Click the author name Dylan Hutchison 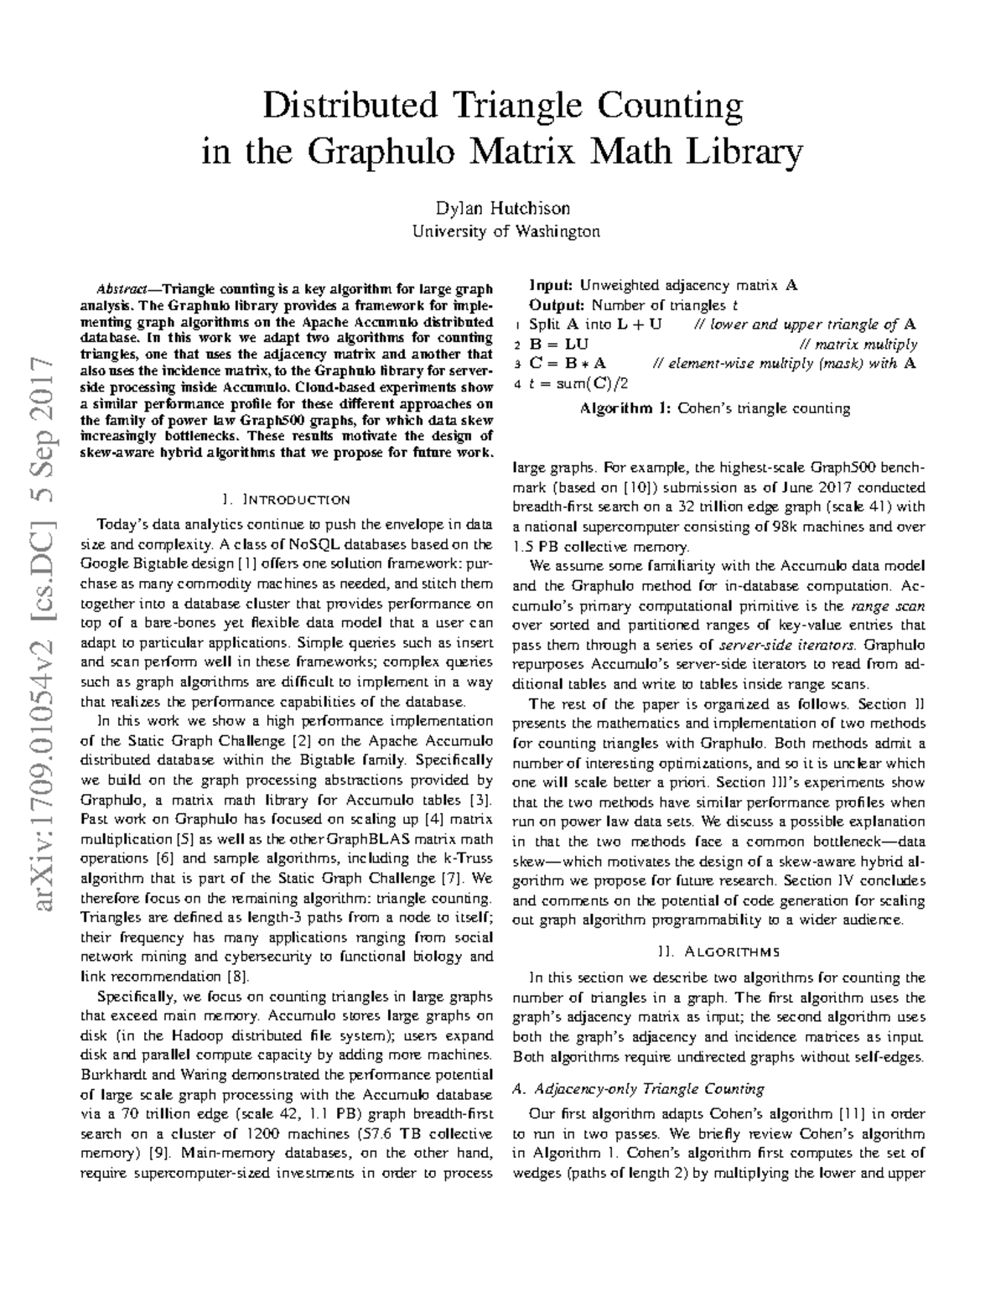click(x=503, y=208)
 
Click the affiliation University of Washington click(x=503, y=231)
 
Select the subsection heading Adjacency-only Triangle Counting click(x=638, y=1089)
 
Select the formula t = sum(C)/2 click(x=578, y=383)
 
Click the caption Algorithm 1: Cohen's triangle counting click(x=715, y=409)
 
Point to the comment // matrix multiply click(x=858, y=345)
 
